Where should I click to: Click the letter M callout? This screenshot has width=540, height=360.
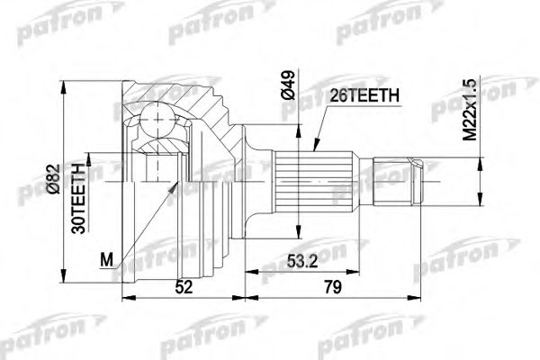point(105,261)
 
